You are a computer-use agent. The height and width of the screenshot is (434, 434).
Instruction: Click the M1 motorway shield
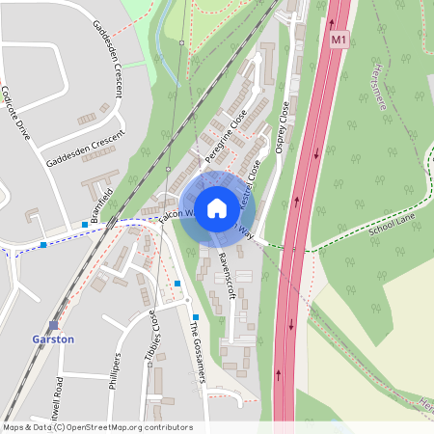(337, 41)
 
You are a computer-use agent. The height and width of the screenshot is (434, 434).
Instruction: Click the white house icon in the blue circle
(217, 207)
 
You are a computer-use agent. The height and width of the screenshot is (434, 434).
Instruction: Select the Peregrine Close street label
(225, 135)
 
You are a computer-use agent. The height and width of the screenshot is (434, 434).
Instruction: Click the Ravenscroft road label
(228, 275)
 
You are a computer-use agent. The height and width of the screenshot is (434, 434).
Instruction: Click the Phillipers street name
(116, 372)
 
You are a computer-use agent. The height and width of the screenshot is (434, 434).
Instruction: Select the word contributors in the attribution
(171, 427)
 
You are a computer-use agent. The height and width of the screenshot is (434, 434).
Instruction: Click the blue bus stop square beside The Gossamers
(196, 317)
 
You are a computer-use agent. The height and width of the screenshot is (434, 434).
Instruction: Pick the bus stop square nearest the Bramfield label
(85, 224)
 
